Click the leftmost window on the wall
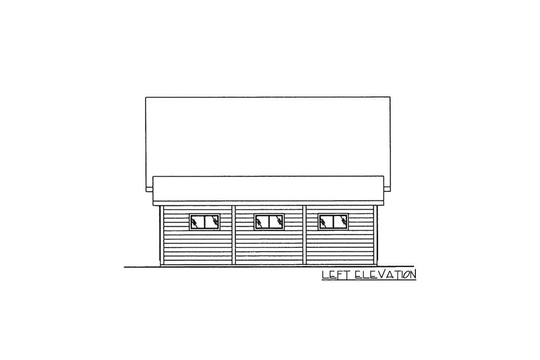point(205,221)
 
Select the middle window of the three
point(269,221)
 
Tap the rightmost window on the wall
point(333,221)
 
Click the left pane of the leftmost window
point(198,221)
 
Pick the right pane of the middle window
point(276,221)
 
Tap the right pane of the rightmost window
point(341,221)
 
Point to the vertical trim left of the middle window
point(234,235)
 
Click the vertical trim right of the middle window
point(305,235)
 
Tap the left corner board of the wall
point(161,235)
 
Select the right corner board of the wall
point(376,235)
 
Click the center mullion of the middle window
point(269,221)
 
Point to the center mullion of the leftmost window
point(205,221)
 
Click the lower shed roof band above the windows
point(268,189)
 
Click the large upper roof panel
point(268,135)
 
